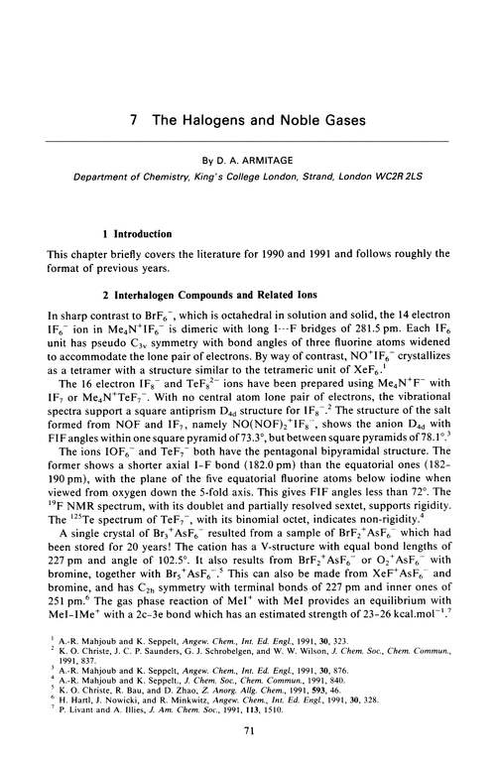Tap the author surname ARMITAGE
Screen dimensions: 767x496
pyautogui.click(x=282, y=157)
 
